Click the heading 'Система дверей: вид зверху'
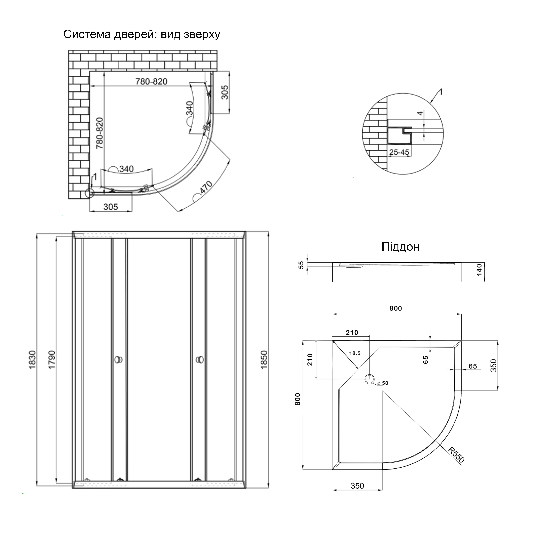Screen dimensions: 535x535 pos(142,34)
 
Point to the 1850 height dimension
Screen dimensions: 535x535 pos(264,359)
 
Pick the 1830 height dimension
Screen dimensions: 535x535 pos(32,359)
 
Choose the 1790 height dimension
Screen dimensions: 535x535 pos(52,359)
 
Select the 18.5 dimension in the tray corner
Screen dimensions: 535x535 pos(355,353)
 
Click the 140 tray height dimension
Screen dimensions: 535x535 pos(479,270)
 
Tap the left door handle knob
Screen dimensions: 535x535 pos(119,360)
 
